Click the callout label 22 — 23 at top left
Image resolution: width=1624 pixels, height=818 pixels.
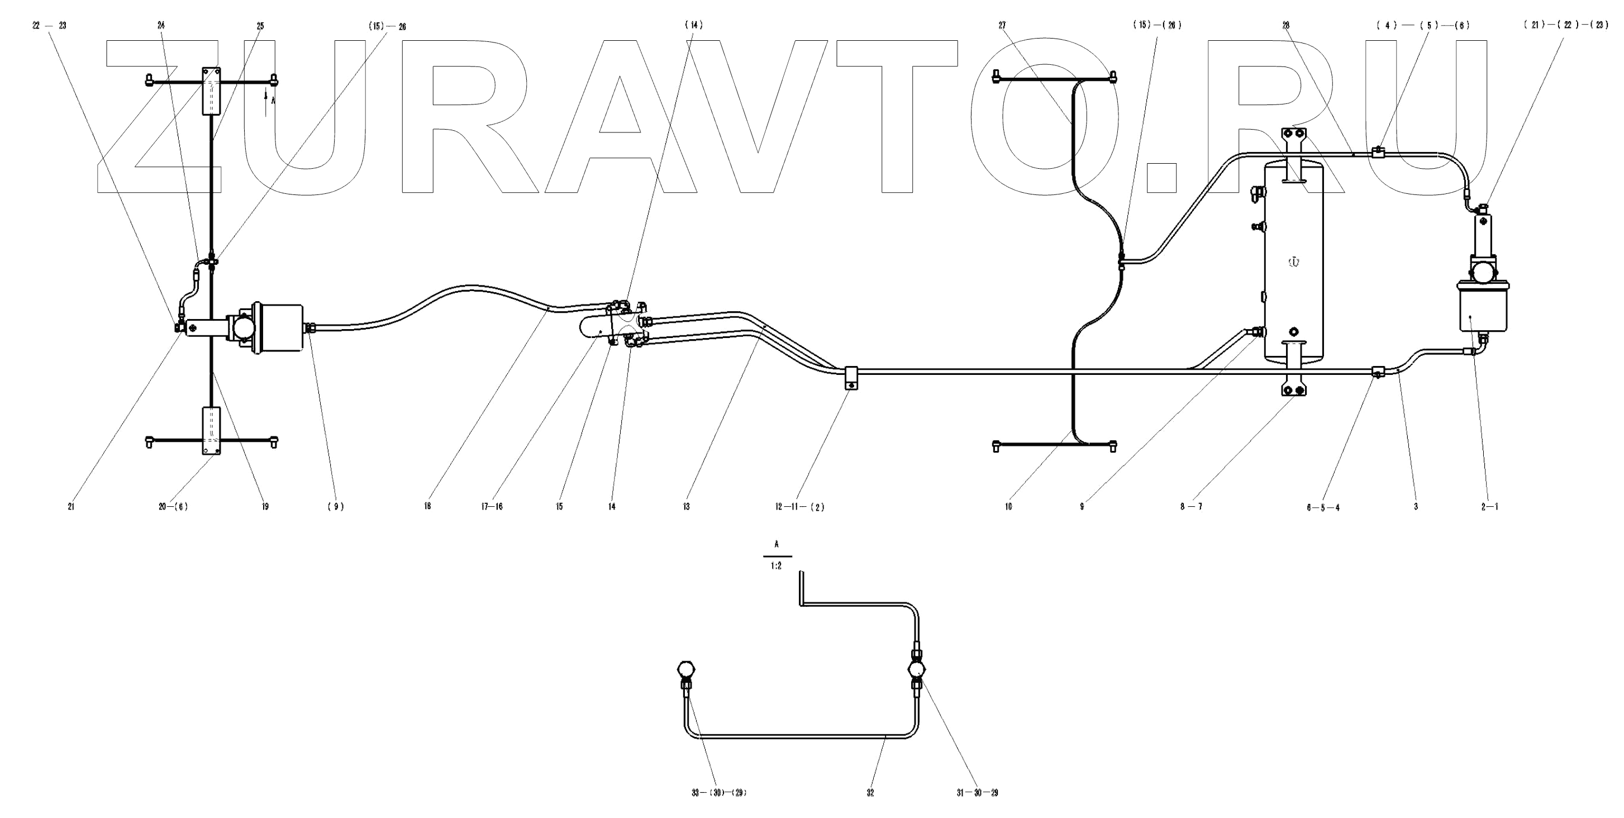point(49,26)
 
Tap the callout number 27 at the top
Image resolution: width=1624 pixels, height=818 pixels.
point(1002,26)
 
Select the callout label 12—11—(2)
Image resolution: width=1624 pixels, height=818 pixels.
point(799,506)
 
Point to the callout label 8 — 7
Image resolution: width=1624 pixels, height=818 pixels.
point(1191,506)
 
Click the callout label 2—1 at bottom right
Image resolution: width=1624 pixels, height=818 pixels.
point(1490,506)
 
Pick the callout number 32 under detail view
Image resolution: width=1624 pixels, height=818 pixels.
point(870,793)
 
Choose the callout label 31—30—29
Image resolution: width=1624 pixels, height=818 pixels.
point(977,793)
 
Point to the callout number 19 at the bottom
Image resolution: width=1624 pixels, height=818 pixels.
point(265,506)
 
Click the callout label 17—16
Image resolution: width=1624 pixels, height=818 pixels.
point(492,506)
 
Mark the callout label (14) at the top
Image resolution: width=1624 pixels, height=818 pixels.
point(693,25)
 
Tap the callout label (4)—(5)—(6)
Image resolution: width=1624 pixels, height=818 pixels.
point(1423,26)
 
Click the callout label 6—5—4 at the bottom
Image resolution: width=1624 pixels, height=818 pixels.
point(1323,507)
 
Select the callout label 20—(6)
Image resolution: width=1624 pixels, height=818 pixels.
point(173,506)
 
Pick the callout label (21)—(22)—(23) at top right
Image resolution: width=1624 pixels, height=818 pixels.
point(1566,26)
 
